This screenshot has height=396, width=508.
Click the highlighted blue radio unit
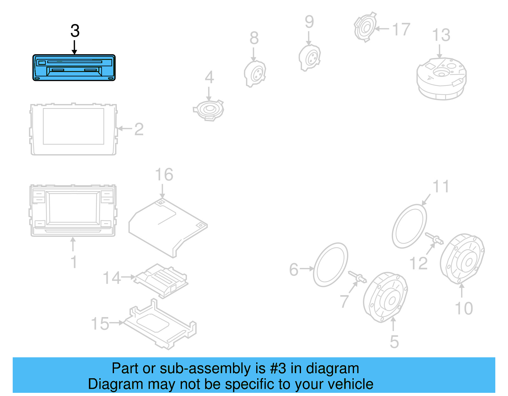[74, 68]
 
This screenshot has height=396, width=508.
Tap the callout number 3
[75, 31]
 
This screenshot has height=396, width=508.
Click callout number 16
[164, 175]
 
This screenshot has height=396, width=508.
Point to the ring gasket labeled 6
[331, 265]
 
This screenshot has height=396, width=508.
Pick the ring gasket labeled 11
[409, 226]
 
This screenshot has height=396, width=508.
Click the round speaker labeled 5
[385, 297]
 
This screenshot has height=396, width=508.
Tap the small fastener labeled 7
[358, 277]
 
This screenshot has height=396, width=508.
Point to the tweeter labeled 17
[365, 27]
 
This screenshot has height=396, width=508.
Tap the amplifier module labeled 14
[161, 280]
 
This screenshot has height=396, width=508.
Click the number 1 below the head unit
[74, 262]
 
